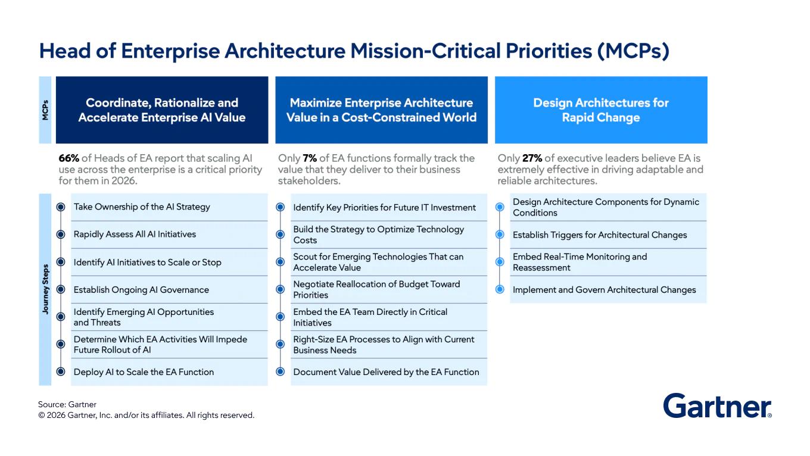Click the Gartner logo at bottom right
[717, 406]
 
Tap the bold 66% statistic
[68, 158]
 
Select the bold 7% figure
[310, 158]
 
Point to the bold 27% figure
[532, 158]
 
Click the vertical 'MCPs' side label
[46, 110]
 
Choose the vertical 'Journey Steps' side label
[46, 289]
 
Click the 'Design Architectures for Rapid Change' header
[600, 110]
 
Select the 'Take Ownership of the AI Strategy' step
[142, 207]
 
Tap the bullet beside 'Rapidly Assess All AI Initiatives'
[60, 235]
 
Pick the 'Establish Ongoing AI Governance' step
[141, 290]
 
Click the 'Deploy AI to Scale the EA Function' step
[144, 372]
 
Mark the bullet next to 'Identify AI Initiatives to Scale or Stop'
[60, 262]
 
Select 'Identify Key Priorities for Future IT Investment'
[384, 208]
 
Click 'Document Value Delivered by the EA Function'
[386, 372]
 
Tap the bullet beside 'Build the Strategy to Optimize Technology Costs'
[280, 235]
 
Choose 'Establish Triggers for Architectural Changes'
[600, 235]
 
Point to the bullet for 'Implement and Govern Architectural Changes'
[500, 290]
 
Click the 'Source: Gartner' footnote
[67, 405]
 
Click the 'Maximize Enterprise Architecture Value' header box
[381, 110]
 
